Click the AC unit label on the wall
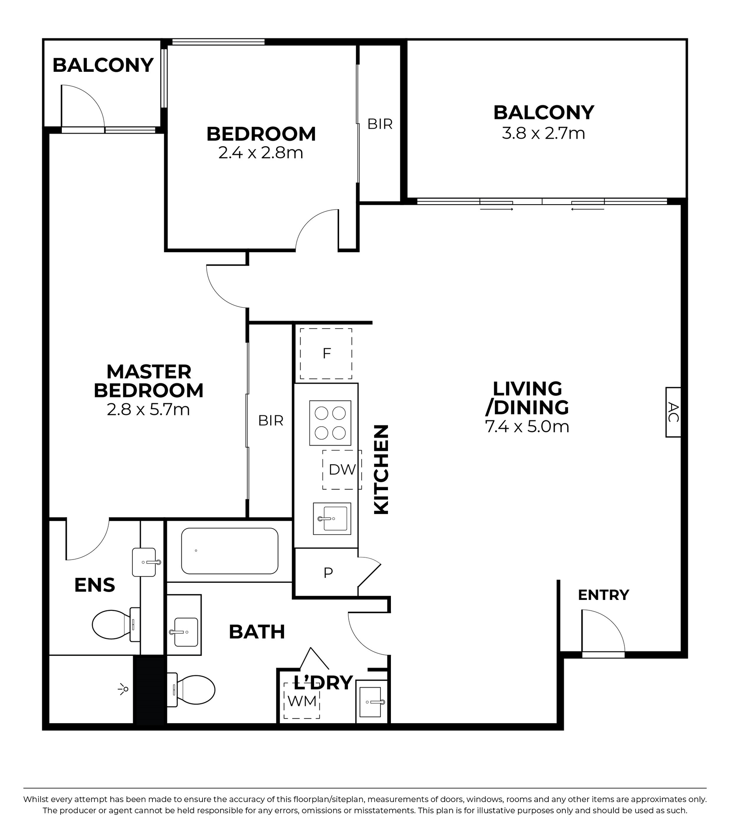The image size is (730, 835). [673, 412]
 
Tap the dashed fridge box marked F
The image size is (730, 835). [326, 354]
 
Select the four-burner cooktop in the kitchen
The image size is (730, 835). [330, 423]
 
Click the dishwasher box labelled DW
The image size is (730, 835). [342, 470]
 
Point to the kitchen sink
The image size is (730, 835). [332, 519]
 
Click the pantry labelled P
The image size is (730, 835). [328, 573]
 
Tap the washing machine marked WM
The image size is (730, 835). [302, 701]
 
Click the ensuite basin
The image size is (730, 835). [144, 562]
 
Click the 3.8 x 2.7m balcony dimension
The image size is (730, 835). [543, 134]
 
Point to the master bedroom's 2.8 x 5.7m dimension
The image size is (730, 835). [148, 410]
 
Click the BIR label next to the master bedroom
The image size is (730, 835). [271, 420]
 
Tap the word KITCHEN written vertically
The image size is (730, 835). [381, 469]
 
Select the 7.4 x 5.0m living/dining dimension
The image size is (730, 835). [527, 427]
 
